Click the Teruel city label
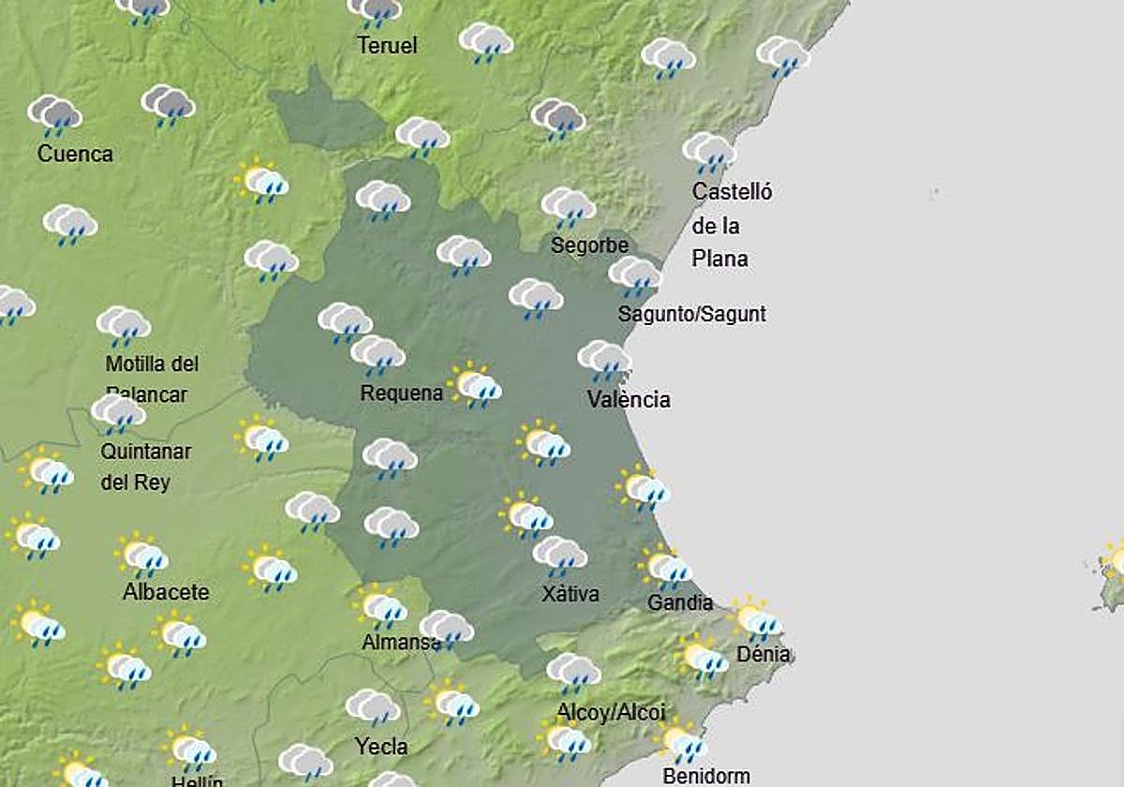(387, 45)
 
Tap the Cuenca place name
(75, 154)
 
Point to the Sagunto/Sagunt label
(692, 314)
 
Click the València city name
(629, 399)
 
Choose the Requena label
(401, 393)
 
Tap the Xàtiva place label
(570, 593)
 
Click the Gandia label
(680, 602)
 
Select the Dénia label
(762, 654)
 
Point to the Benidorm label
(706, 776)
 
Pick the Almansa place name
(401, 643)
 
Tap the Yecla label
(381, 747)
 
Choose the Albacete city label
(166, 592)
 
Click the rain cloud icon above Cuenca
(54, 115)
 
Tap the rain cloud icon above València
(604, 360)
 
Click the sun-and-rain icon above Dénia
(755, 618)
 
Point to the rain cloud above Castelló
(708, 152)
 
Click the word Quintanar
(146, 452)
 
